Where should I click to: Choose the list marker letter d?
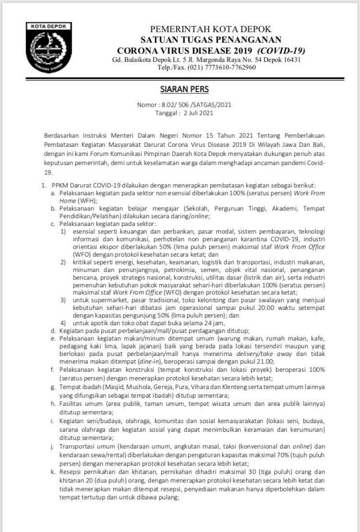[53, 330]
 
